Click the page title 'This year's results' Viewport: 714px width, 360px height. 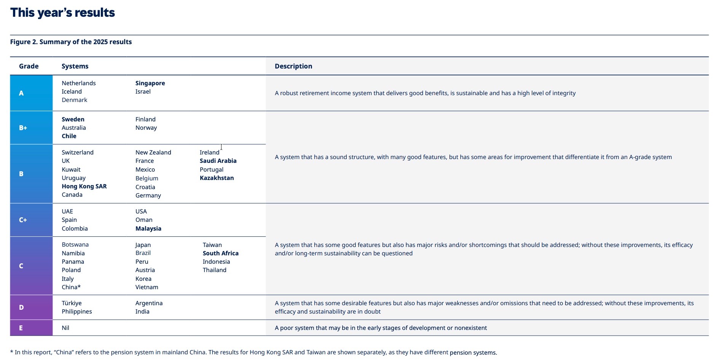(62, 13)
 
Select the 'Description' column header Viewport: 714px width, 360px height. (293, 66)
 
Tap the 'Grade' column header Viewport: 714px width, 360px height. (29, 66)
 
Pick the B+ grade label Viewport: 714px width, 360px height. (23, 128)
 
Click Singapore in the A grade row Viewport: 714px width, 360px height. (150, 83)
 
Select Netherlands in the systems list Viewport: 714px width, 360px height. (79, 83)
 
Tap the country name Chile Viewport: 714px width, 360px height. (69, 136)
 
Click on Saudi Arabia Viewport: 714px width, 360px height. (218, 161)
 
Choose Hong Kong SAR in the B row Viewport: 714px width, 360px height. (84, 186)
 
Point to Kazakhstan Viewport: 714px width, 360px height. (217, 178)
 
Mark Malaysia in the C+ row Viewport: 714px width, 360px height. (148, 229)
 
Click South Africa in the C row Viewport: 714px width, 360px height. (220, 253)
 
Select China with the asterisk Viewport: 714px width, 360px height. (71, 287)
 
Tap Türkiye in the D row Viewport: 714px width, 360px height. (72, 303)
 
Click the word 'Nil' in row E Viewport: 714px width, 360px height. (65, 328)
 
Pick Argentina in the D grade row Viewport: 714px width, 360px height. (149, 303)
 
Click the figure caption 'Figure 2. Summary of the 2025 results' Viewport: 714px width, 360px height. (71, 42)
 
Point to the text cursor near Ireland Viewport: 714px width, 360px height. (221, 147)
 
